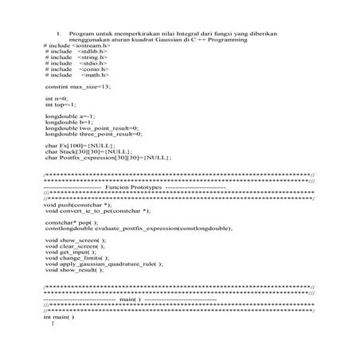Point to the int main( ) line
(58, 318)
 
